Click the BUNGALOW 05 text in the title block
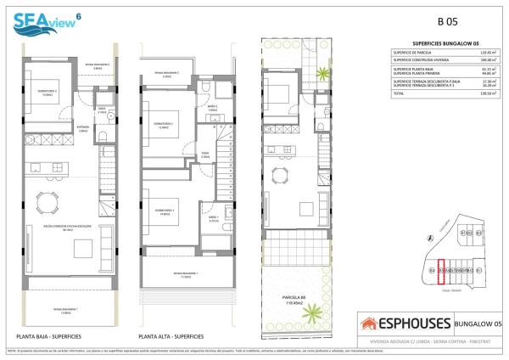pos(476,323)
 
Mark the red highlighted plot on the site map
pos(440,270)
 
